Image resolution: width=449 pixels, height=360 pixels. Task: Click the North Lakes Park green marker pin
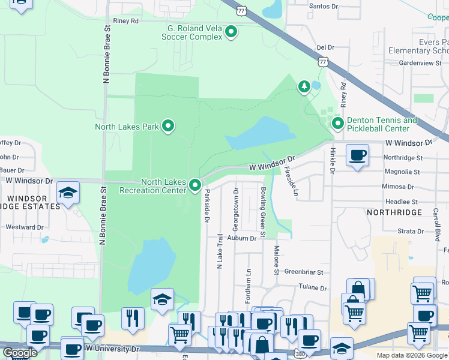tap(169, 126)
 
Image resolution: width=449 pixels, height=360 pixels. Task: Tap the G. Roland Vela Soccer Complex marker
tap(231, 32)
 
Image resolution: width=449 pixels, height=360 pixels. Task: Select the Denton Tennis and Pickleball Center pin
tap(338, 124)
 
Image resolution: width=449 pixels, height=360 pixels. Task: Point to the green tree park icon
tap(304, 87)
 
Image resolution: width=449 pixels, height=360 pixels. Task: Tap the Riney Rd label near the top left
tap(125, 20)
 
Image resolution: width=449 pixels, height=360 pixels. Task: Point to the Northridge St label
tap(403, 158)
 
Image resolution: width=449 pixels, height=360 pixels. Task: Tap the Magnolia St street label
tap(401, 172)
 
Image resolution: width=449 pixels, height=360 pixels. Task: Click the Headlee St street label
tap(401, 202)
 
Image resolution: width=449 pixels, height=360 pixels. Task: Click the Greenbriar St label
tap(304, 272)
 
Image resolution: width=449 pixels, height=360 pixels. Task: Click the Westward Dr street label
tap(25, 227)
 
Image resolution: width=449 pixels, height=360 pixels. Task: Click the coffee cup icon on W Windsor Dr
tap(358, 156)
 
